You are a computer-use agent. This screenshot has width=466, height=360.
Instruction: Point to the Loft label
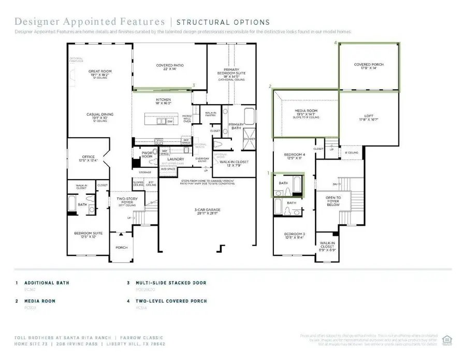(369, 118)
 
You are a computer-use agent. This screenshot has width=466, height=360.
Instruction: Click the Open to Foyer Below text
(333, 201)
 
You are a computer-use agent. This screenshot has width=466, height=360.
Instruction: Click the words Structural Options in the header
(223, 22)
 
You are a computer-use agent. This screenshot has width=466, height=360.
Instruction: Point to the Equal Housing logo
(447, 338)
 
